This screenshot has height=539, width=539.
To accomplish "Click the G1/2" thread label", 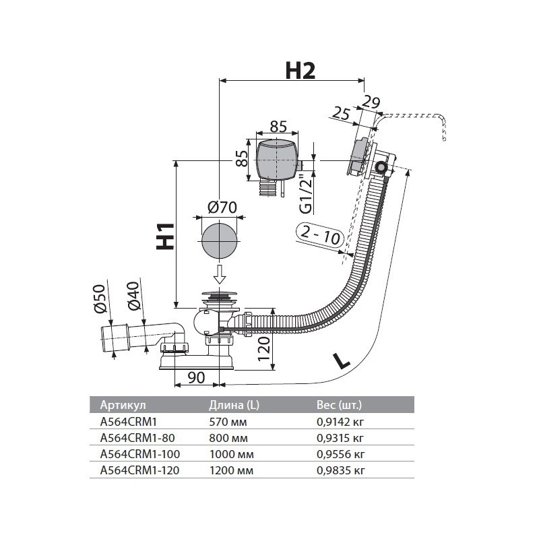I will point(305,193).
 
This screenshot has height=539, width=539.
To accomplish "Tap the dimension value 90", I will point(196,377).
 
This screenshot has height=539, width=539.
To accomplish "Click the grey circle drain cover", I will point(219,240).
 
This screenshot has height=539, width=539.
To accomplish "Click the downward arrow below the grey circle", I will point(219,274).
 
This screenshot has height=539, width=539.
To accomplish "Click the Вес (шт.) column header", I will point(339,406).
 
